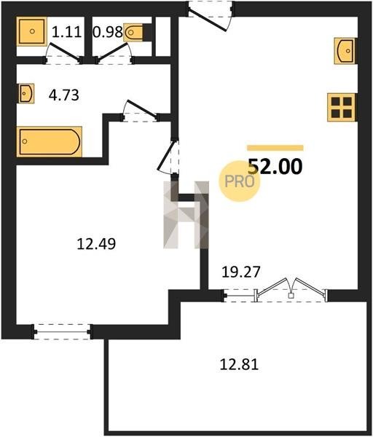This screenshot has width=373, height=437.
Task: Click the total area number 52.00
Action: tap(275, 166)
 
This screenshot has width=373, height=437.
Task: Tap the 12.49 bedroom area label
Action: tap(96, 244)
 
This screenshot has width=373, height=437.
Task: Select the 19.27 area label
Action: tap(241, 272)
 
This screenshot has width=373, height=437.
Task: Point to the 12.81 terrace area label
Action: tap(239, 364)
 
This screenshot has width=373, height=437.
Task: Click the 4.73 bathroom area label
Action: tap(64, 95)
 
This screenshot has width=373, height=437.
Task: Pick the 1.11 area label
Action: tap(66, 31)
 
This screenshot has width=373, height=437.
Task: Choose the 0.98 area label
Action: tap(108, 32)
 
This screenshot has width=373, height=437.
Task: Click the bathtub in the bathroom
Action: tap(50, 141)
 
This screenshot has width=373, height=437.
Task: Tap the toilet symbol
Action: tap(133, 33)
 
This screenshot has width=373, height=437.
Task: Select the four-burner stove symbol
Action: tap(342, 107)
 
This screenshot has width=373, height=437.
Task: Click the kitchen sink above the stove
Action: tap(345, 51)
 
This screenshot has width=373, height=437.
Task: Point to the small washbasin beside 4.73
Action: tap(26, 93)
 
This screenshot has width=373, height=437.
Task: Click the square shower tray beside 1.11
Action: tap(32, 31)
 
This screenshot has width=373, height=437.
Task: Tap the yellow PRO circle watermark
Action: tap(239, 181)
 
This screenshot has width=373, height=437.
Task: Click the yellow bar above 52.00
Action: tap(275, 148)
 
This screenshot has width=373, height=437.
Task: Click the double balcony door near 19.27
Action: tap(291, 290)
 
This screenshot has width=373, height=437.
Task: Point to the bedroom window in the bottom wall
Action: tap(62, 331)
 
